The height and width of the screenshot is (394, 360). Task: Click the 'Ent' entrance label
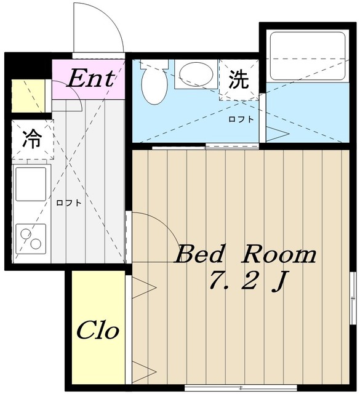click(90, 78)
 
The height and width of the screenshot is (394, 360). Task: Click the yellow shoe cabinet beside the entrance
click(28, 96)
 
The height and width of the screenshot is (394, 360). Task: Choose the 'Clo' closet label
click(97, 331)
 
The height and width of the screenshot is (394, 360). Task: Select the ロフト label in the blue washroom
click(241, 119)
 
